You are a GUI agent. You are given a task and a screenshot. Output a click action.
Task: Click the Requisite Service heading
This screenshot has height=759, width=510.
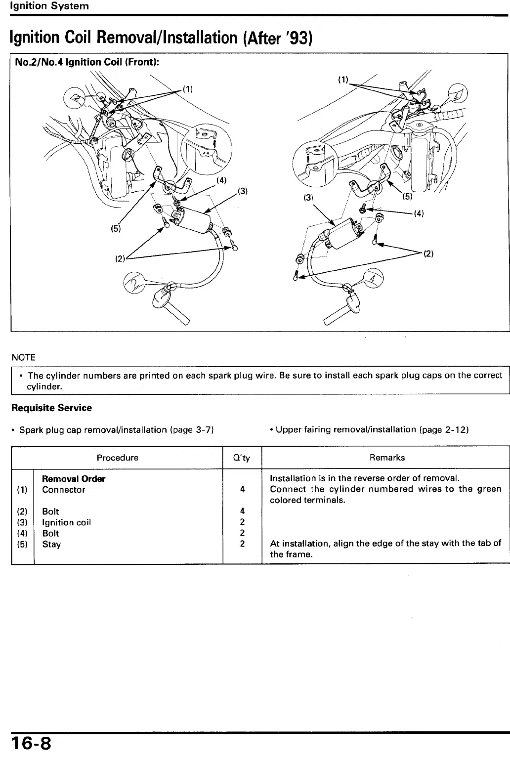click(x=51, y=408)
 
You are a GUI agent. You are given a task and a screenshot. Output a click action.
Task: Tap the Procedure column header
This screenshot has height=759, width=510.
click(x=117, y=458)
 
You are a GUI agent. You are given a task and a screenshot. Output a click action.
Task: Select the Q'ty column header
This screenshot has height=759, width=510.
click(x=242, y=458)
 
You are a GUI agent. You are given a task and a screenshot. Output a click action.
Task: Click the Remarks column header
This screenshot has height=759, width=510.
click(x=387, y=458)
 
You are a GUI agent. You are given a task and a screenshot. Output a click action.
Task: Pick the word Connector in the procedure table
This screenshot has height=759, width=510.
click(x=63, y=490)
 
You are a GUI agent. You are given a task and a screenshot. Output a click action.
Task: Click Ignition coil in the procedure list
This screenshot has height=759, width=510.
click(x=66, y=522)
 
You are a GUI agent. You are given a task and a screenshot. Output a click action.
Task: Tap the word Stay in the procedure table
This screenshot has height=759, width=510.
click(x=51, y=544)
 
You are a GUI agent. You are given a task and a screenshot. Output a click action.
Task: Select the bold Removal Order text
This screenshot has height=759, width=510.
click(x=74, y=479)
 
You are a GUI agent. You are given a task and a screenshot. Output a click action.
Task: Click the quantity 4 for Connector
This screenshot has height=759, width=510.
click(x=242, y=490)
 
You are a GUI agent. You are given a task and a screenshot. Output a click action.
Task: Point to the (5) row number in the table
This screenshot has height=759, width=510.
click(x=22, y=544)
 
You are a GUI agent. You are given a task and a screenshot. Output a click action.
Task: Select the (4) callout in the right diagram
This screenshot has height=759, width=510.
click(x=419, y=214)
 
